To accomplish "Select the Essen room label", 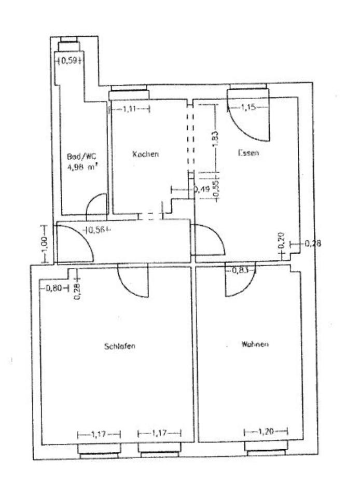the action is [248, 154].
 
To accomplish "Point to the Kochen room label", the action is [145, 154].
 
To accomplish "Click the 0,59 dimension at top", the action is [69, 61].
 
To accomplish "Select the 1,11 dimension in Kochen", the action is [129, 109].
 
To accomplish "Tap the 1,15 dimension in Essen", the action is [249, 107].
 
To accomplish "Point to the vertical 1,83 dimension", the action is [215, 139].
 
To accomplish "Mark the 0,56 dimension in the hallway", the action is [95, 229].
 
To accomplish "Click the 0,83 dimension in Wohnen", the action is [240, 270].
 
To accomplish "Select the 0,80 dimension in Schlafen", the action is [53, 287].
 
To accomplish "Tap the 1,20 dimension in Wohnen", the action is [266, 431].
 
